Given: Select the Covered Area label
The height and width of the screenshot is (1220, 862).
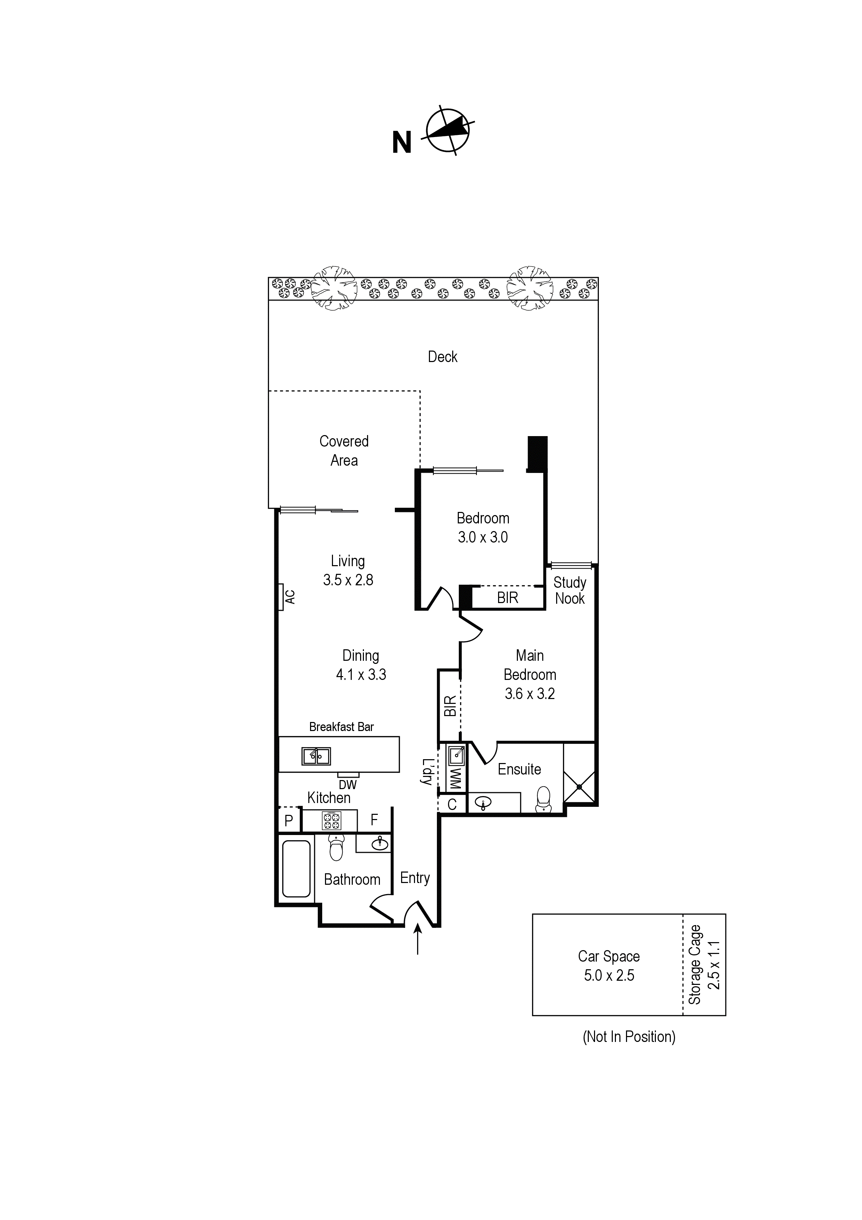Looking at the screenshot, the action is (x=344, y=451).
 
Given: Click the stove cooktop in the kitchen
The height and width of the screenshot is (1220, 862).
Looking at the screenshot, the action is (x=332, y=821).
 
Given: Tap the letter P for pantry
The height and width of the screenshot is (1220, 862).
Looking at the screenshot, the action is (x=288, y=821).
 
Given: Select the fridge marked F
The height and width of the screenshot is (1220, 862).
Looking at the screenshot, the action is (x=374, y=820).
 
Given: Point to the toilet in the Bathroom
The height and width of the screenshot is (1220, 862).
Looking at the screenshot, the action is (x=336, y=847).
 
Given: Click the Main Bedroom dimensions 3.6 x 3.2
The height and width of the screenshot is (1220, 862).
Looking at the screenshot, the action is (x=529, y=694).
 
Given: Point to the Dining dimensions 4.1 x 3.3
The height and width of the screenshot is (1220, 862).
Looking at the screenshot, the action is (x=361, y=675).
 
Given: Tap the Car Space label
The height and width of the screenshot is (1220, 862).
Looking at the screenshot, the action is (x=609, y=956).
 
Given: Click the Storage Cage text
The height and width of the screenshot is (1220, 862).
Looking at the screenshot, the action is (x=695, y=964).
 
